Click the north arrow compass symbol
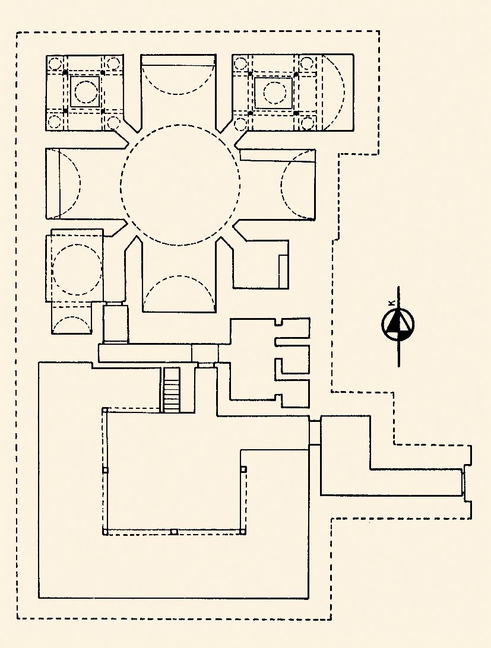click(398, 325)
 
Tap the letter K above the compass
click(391, 303)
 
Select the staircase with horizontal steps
click(172, 390)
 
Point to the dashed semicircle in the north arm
click(178, 94)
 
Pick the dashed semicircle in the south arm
click(179, 276)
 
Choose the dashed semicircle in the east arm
click(281, 184)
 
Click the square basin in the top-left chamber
click(85, 91)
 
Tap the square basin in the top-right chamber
click(273, 93)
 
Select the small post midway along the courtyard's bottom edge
click(174, 532)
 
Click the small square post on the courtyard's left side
click(105, 471)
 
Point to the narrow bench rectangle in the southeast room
click(283, 272)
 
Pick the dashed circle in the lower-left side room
click(77, 269)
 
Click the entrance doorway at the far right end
click(463, 482)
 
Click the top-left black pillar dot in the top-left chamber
click(65, 73)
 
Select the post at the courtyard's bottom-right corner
click(243, 532)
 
